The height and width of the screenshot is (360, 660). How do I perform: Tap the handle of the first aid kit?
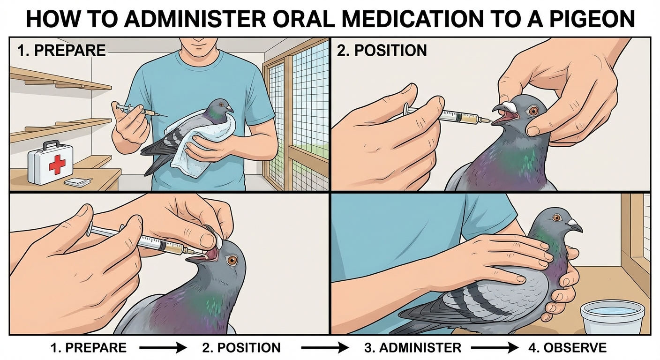point(51,144)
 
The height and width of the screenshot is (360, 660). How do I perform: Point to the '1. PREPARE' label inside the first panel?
point(61,50)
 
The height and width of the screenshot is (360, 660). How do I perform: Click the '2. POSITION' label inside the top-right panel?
point(382,50)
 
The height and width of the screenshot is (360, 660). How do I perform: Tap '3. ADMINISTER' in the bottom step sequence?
point(413,348)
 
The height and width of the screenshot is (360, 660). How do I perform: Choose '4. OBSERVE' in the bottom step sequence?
point(567,348)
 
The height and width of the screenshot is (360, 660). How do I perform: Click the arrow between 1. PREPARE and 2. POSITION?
point(163,348)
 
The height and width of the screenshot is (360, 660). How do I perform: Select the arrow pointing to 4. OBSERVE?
point(495,348)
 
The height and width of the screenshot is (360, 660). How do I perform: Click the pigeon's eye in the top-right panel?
point(533,111)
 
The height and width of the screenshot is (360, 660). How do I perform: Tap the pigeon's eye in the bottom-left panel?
point(232,260)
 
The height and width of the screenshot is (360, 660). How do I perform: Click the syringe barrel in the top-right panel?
point(460,117)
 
